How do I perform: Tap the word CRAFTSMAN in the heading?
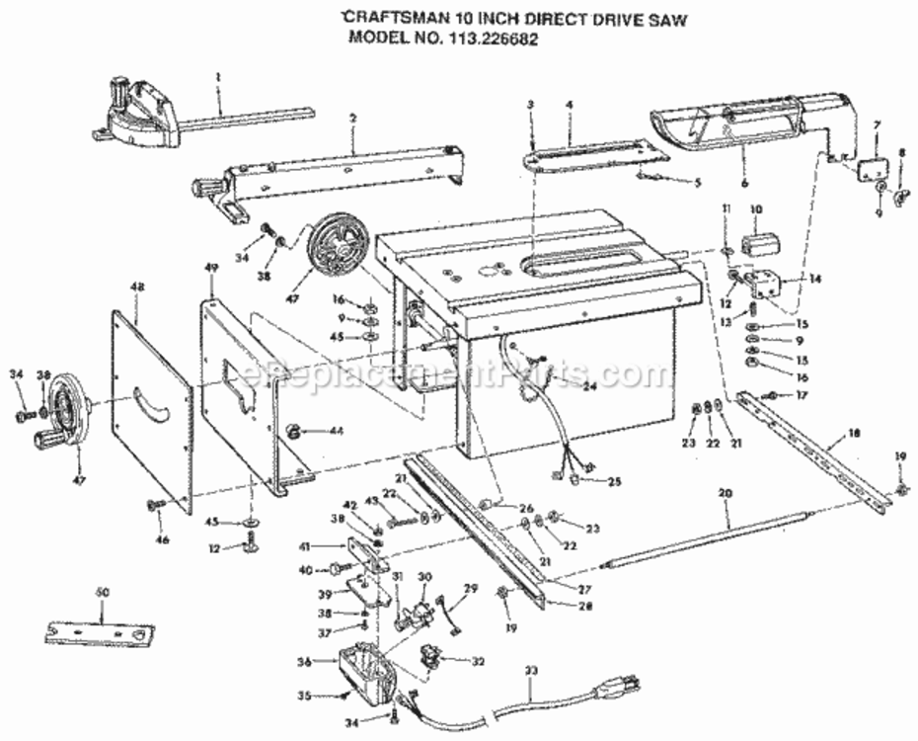[x=387, y=17]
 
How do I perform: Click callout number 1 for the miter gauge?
[x=218, y=76]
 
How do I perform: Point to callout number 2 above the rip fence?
[x=351, y=119]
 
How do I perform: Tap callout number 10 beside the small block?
[x=757, y=208]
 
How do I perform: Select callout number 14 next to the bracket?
[x=815, y=280]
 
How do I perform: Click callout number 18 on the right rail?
[x=855, y=434]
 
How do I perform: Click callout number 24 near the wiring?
[x=589, y=386]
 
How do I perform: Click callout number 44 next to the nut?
[x=336, y=431]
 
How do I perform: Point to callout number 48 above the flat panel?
[x=136, y=286]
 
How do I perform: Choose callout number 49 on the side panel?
[x=209, y=269]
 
